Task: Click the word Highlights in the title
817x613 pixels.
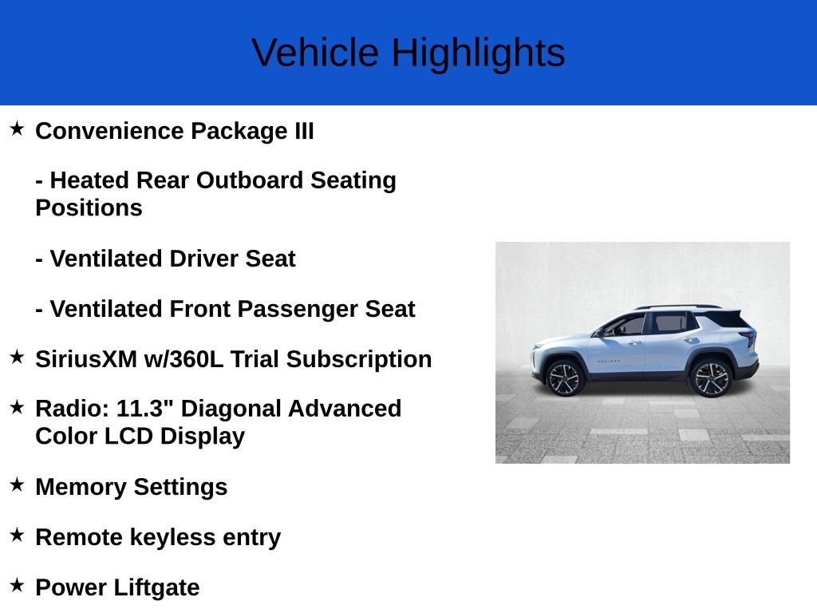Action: [478, 53]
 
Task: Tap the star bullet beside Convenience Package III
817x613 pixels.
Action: [17, 129]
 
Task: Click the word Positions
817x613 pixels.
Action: [89, 208]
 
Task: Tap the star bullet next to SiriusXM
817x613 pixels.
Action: [17, 357]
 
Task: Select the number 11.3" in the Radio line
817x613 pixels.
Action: [146, 409]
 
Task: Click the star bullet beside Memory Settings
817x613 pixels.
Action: [17, 484]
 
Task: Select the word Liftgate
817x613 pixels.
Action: [156, 587]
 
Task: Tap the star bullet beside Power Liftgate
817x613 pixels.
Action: [17, 585]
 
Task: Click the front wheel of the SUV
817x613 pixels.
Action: [565, 378]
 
